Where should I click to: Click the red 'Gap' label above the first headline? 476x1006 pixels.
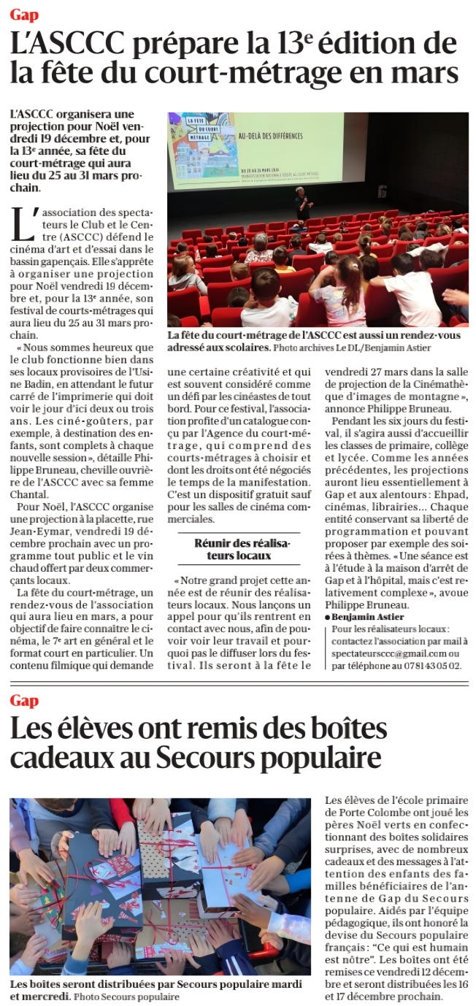[x=24, y=15]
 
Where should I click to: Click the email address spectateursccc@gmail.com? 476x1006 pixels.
[x=385, y=653]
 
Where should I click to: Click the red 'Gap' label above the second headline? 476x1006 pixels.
[x=24, y=700]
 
